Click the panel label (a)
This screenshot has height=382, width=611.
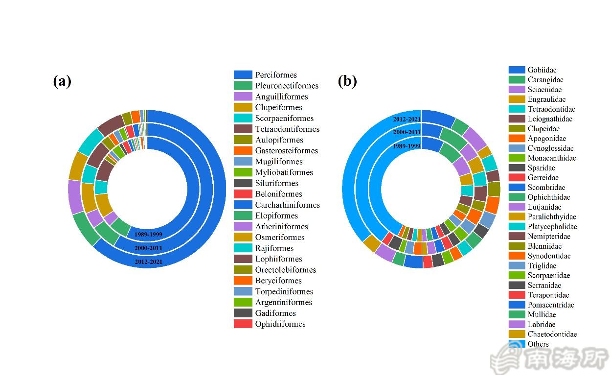62,81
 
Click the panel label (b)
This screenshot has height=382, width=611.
347,81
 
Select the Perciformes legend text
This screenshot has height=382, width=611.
276,75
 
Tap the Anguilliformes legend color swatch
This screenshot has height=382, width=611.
243,96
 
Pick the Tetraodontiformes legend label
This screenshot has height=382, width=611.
287,129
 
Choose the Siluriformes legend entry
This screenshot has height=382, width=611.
276,183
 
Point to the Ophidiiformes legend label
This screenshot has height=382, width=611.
280,324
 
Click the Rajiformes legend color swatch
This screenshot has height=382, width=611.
243,248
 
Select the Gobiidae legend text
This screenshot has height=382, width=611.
542,70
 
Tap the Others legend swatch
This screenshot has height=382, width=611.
517,344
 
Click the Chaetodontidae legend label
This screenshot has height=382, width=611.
552,334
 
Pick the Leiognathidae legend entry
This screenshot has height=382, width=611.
550,119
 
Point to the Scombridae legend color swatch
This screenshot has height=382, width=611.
517,187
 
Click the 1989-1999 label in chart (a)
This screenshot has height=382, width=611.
148,235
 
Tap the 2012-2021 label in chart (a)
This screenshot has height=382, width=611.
148,262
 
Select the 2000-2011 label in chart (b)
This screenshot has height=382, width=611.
407,132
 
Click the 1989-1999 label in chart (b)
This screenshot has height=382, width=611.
407,146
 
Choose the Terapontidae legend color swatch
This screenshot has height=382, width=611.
517,295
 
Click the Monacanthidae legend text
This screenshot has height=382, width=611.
552,158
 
